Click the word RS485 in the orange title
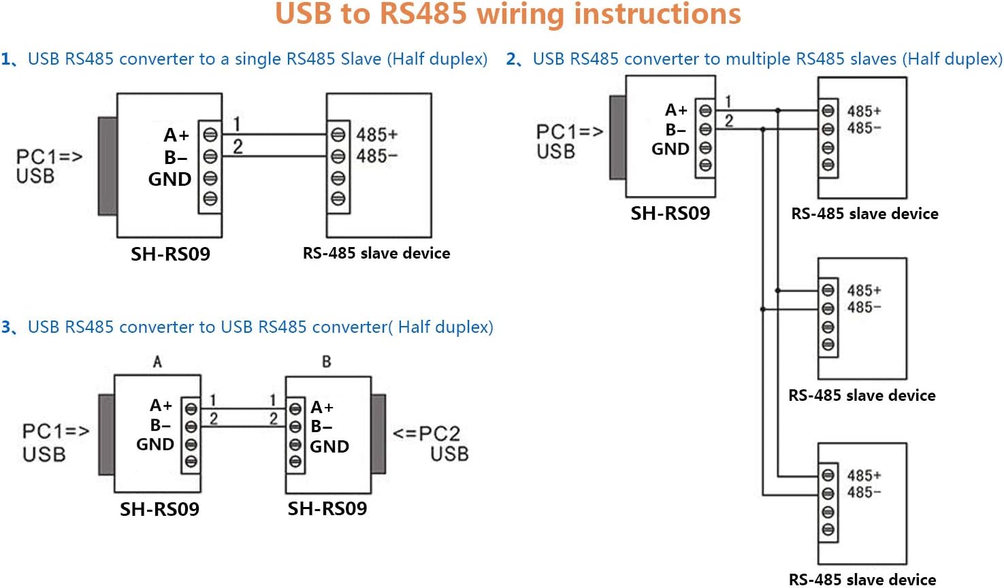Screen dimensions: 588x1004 click(423, 14)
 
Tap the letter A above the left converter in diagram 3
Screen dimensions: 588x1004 click(157, 361)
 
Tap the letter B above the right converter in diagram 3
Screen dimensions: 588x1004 click(327, 361)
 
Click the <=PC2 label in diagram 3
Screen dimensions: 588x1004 click(426, 434)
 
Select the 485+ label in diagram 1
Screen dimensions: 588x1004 click(376, 134)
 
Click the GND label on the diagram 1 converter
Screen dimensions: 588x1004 click(169, 179)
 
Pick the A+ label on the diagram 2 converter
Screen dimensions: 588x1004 click(676, 110)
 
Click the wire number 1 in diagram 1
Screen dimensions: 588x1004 click(237, 124)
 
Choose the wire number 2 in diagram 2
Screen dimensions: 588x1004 click(729, 121)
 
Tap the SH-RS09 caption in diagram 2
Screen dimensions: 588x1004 click(670, 214)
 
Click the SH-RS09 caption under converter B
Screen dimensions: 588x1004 click(327, 508)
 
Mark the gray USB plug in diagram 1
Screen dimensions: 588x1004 click(108, 166)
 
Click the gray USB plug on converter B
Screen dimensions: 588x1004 click(378, 434)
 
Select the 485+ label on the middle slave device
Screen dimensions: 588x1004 click(864, 290)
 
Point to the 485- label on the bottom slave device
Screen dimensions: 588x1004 click(864, 492)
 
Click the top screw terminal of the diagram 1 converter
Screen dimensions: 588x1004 click(210, 135)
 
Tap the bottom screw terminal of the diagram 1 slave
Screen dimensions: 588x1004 click(338, 199)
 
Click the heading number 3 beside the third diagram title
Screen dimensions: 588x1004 click(6, 327)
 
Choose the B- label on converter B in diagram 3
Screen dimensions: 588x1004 click(321, 427)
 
